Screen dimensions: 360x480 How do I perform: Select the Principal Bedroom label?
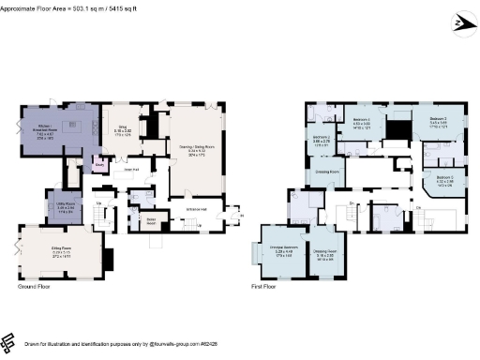coord(283,250)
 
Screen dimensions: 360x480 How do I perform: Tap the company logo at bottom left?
coord(8,342)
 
